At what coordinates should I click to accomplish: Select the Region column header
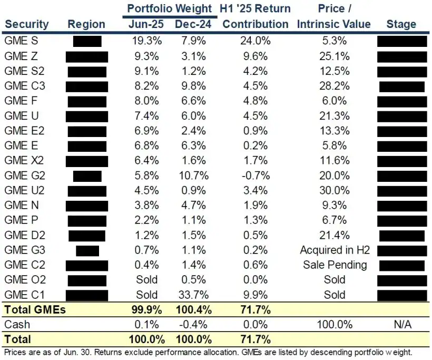click(86, 24)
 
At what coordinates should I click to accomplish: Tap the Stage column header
click(401, 24)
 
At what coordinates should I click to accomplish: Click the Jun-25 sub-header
click(147, 24)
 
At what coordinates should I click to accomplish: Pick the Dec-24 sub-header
click(192, 24)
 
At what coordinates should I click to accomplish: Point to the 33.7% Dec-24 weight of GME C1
click(192, 295)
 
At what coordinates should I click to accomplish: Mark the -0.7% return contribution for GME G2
click(256, 175)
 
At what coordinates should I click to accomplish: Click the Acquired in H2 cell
click(335, 250)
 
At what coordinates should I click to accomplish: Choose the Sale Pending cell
click(335, 265)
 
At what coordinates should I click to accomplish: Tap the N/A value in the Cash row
click(401, 324)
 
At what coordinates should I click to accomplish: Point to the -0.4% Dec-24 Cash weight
click(192, 324)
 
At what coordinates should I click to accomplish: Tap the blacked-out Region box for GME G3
click(87, 250)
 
